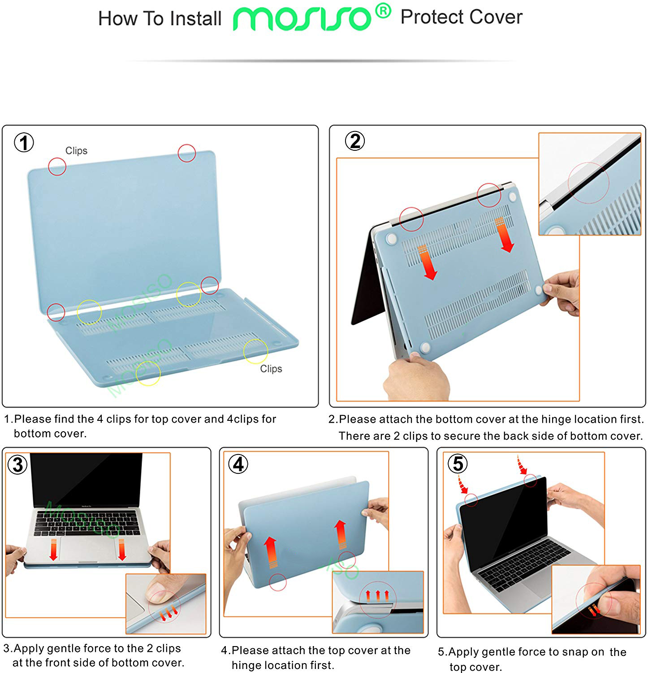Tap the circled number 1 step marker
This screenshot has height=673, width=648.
point(24,143)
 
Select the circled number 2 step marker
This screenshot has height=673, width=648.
point(354,141)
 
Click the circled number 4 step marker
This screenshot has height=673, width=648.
point(238,464)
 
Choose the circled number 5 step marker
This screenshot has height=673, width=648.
point(458,463)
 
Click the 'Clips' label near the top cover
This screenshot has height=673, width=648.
point(76,151)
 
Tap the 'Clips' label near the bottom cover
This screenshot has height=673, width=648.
point(271,369)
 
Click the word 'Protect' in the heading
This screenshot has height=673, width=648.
point(432,17)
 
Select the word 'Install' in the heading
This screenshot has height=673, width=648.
point(196,19)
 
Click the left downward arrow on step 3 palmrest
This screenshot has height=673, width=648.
point(53,550)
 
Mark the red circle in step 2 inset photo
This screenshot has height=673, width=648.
point(588,182)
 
